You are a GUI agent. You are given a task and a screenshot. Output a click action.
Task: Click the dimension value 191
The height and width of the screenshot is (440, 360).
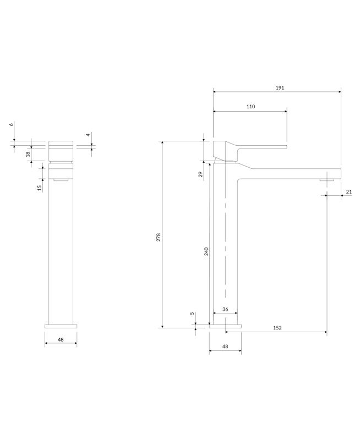click(280, 88)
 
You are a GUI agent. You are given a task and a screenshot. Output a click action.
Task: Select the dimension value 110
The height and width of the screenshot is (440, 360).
click(251, 106)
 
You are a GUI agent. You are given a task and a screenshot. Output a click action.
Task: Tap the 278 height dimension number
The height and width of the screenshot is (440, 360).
click(159, 237)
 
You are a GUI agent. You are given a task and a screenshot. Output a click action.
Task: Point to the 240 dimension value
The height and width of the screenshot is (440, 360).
click(206, 251)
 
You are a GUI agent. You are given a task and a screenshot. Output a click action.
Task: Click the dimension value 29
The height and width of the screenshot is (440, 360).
click(200, 174)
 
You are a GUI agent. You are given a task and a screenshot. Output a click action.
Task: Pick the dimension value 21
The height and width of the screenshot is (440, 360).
click(349, 192)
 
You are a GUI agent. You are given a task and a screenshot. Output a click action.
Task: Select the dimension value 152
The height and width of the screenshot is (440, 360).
click(277, 328)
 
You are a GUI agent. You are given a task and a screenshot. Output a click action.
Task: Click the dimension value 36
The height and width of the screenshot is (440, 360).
click(225, 309)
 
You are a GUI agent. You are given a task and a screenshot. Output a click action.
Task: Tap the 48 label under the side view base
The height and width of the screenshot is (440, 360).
click(225, 346)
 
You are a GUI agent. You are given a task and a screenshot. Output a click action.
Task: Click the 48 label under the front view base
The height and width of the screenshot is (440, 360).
click(61, 339)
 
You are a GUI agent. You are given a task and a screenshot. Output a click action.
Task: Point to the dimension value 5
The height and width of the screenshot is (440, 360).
click(192, 313)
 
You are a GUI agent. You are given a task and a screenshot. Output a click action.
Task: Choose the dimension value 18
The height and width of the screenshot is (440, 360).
click(28, 154)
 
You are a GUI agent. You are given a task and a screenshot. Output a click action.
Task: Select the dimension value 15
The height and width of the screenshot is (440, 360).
click(40, 188)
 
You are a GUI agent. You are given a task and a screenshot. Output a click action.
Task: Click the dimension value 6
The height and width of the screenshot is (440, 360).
click(12, 124)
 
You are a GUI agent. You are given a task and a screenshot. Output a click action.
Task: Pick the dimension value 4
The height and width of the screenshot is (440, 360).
click(88, 135)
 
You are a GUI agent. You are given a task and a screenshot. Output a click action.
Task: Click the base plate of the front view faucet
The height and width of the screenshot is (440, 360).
click(61, 326)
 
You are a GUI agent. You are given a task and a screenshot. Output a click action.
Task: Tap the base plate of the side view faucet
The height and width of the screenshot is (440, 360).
click(225, 326)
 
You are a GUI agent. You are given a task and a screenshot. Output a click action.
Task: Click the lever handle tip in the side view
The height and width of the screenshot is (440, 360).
click(286, 146)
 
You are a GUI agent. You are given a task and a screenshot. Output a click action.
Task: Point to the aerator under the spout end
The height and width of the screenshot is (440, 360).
click(327, 179)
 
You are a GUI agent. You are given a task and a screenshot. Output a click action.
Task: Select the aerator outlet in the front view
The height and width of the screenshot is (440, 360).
click(61, 180)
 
